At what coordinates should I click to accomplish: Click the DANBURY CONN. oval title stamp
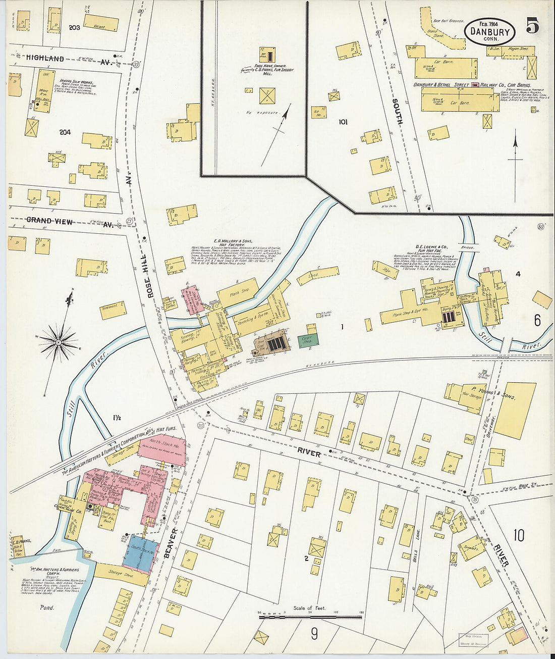[x=489, y=31]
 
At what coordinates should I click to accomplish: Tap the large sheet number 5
[x=533, y=26]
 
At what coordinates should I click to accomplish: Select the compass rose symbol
[x=59, y=342]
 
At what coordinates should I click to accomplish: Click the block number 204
[x=65, y=132]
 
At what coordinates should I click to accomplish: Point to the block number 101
[x=343, y=122]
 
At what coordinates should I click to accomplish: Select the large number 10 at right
[x=519, y=535]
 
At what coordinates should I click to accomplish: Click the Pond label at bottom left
[x=47, y=607]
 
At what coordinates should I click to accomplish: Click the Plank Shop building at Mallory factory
[x=239, y=292]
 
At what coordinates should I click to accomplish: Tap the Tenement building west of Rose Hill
[x=113, y=310]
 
